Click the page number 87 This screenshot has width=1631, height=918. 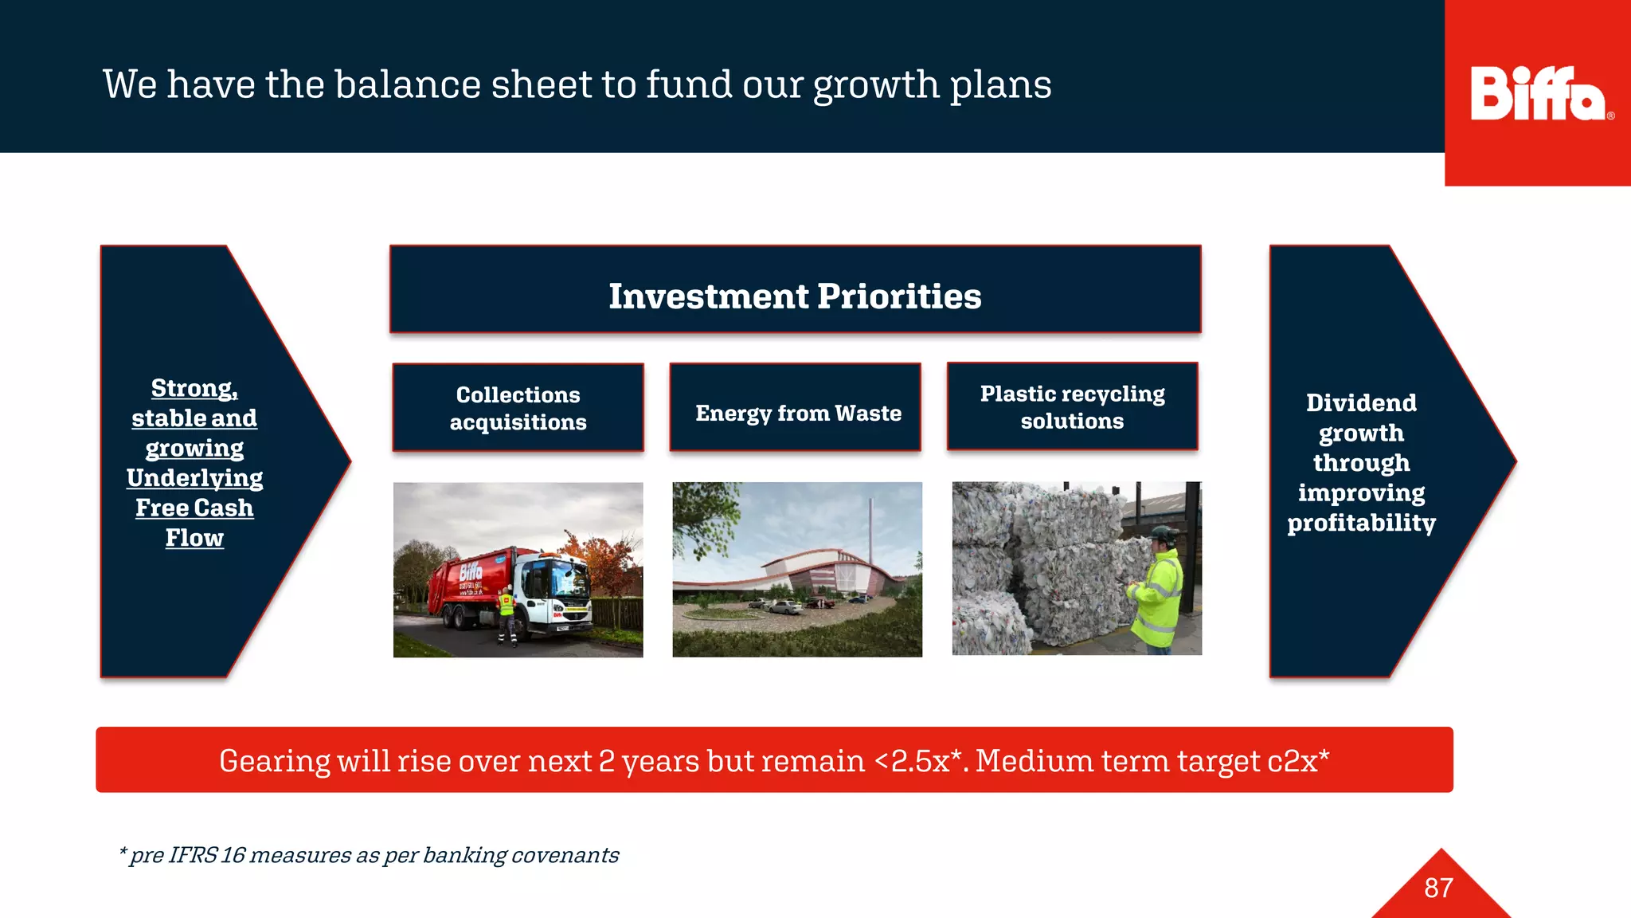[1438, 888]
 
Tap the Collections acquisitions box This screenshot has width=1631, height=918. [518, 408]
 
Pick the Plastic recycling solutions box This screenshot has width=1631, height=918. [1072, 407]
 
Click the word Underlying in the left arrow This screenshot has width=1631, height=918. [194, 478]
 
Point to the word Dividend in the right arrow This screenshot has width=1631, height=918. [1361, 403]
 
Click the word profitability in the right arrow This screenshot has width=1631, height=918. [1361, 523]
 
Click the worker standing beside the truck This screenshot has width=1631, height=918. [507, 614]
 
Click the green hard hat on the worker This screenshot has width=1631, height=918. [1164, 532]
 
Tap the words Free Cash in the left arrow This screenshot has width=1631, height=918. [194, 508]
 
